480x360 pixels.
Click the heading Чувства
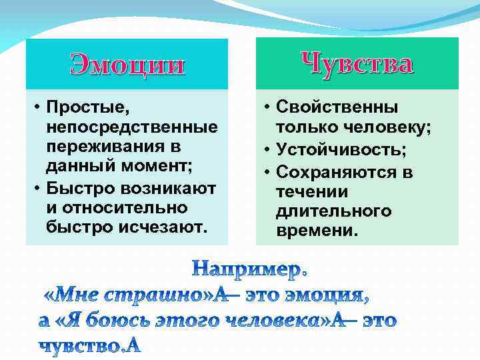(x=357, y=63)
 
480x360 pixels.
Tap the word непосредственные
(x=132, y=127)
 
